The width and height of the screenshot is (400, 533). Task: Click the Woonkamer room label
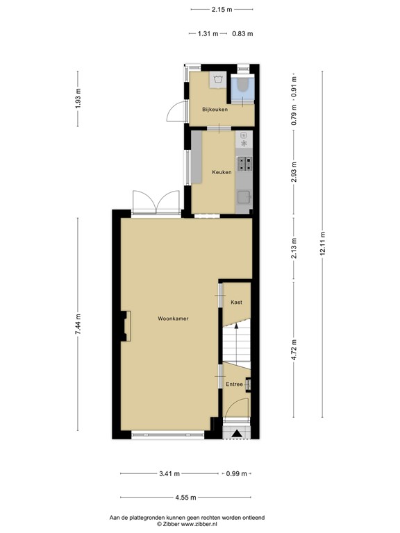click(x=174, y=319)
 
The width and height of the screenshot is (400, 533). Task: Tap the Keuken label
click(x=222, y=172)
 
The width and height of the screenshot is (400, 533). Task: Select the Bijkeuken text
click(x=215, y=109)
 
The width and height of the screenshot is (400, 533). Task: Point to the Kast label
click(x=236, y=302)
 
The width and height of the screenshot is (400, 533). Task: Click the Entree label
click(x=234, y=384)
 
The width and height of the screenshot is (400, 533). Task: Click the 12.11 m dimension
click(x=323, y=244)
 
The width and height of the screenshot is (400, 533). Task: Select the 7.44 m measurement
click(x=78, y=324)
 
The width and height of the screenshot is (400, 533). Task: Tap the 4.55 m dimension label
click(x=185, y=497)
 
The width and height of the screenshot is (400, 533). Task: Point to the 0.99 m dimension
click(x=237, y=474)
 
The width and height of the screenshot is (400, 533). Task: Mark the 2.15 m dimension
click(x=222, y=10)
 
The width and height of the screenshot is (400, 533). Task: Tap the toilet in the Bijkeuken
click(x=242, y=86)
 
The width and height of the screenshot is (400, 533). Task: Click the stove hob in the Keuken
click(x=245, y=164)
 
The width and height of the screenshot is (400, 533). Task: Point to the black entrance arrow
click(x=237, y=434)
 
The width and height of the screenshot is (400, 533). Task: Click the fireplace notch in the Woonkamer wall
click(x=124, y=326)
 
